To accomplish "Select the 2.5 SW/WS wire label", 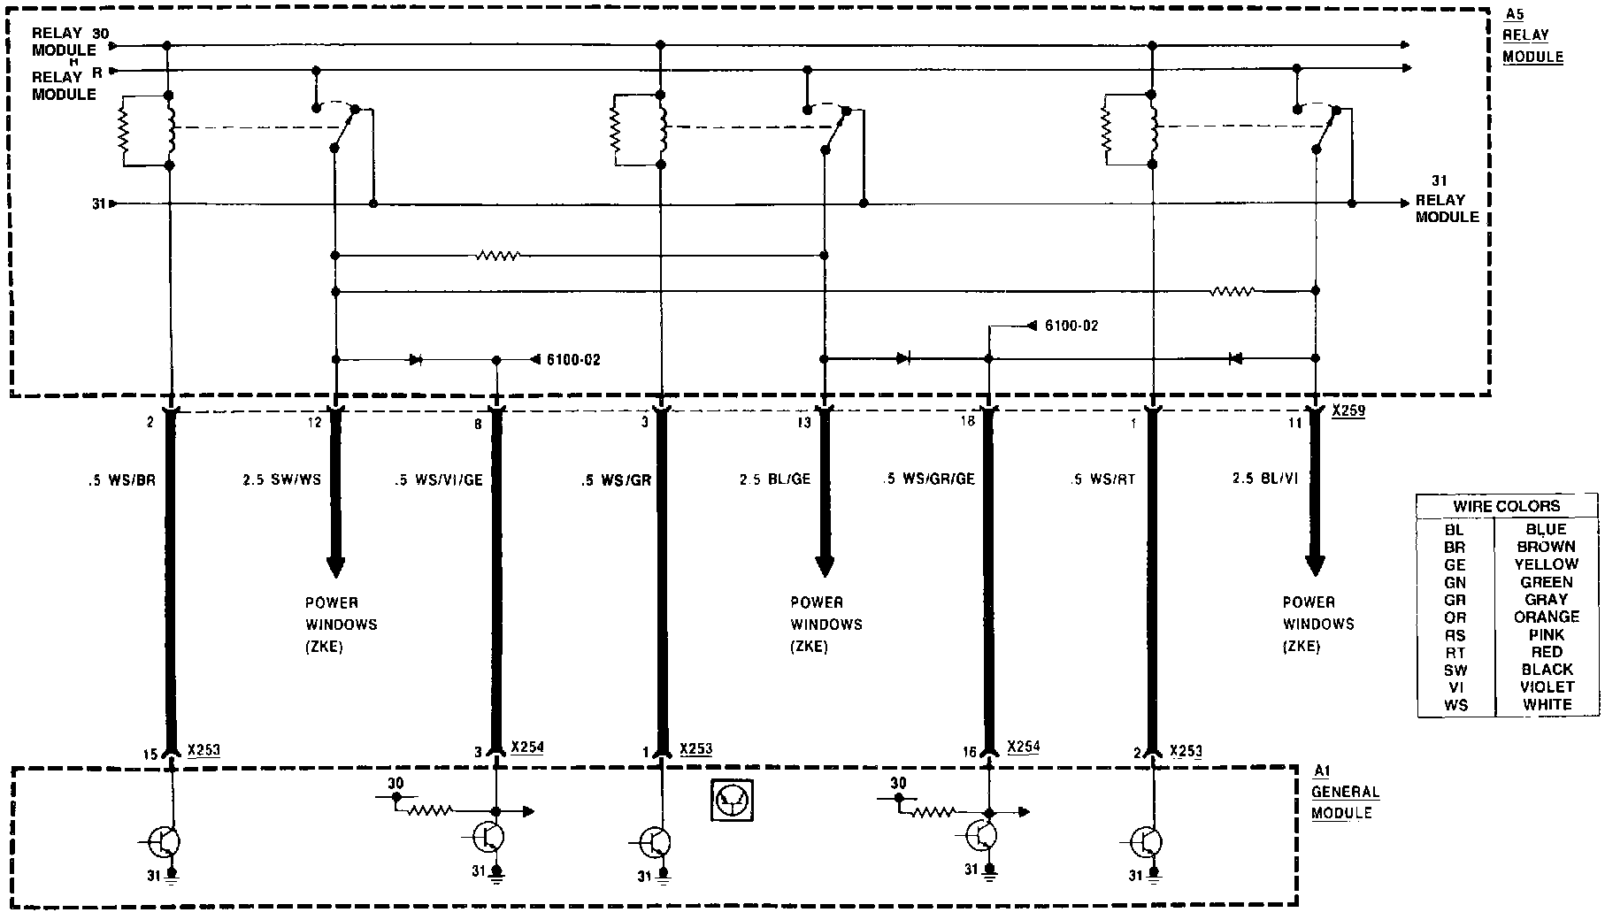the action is (281, 480).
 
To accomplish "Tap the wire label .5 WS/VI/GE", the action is (439, 480).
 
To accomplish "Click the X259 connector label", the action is (1348, 411).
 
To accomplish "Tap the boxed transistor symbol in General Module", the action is (732, 800).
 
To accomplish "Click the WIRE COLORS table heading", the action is (1507, 507).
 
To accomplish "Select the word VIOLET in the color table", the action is (1547, 687).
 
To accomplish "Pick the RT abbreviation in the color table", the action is (1454, 653).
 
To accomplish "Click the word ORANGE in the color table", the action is (1547, 617).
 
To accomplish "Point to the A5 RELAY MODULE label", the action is (1533, 36).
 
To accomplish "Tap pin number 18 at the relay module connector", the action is (967, 421).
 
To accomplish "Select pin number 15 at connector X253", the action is (150, 755).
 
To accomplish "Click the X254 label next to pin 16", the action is (1024, 747).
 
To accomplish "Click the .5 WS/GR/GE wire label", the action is (929, 479).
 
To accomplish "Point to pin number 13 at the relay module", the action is (803, 423).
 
